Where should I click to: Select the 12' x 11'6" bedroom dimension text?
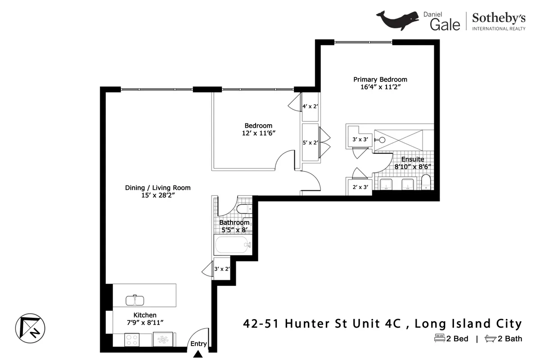[258, 133]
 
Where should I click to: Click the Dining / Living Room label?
[157, 188]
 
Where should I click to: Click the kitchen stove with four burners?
[132, 339]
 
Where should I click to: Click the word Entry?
[198, 344]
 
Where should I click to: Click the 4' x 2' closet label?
[310, 107]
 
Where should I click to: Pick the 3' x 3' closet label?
[360, 139]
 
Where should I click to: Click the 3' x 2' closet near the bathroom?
[222, 269]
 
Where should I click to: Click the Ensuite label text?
[413, 159]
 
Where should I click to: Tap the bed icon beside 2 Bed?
[439, 338]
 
